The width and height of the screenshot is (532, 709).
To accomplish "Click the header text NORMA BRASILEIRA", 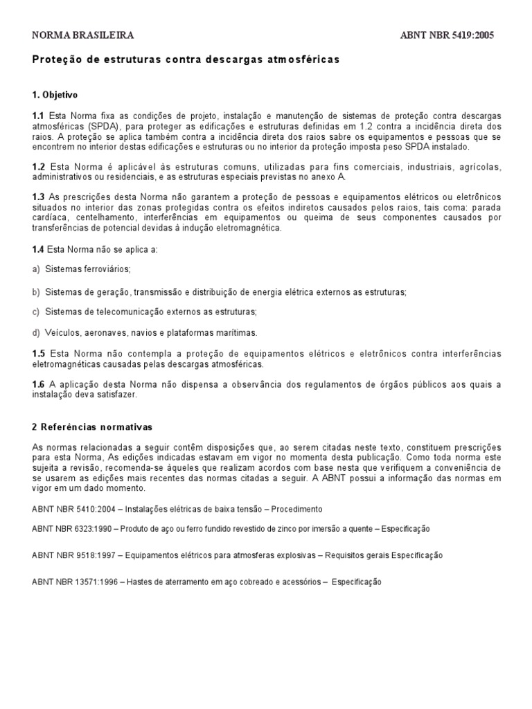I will [83, 35].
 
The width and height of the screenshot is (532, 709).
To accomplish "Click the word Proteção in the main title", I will [55, 60].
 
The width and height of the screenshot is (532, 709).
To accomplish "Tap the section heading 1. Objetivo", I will [55, 94].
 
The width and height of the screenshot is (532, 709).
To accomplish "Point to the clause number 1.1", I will [38, 115].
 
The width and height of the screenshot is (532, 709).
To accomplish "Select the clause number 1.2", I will [38, 167].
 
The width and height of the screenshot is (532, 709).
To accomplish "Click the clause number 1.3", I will [38, 198].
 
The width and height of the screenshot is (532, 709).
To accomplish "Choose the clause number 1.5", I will [38, 354].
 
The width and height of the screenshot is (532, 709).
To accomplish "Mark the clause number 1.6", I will [38, 384].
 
